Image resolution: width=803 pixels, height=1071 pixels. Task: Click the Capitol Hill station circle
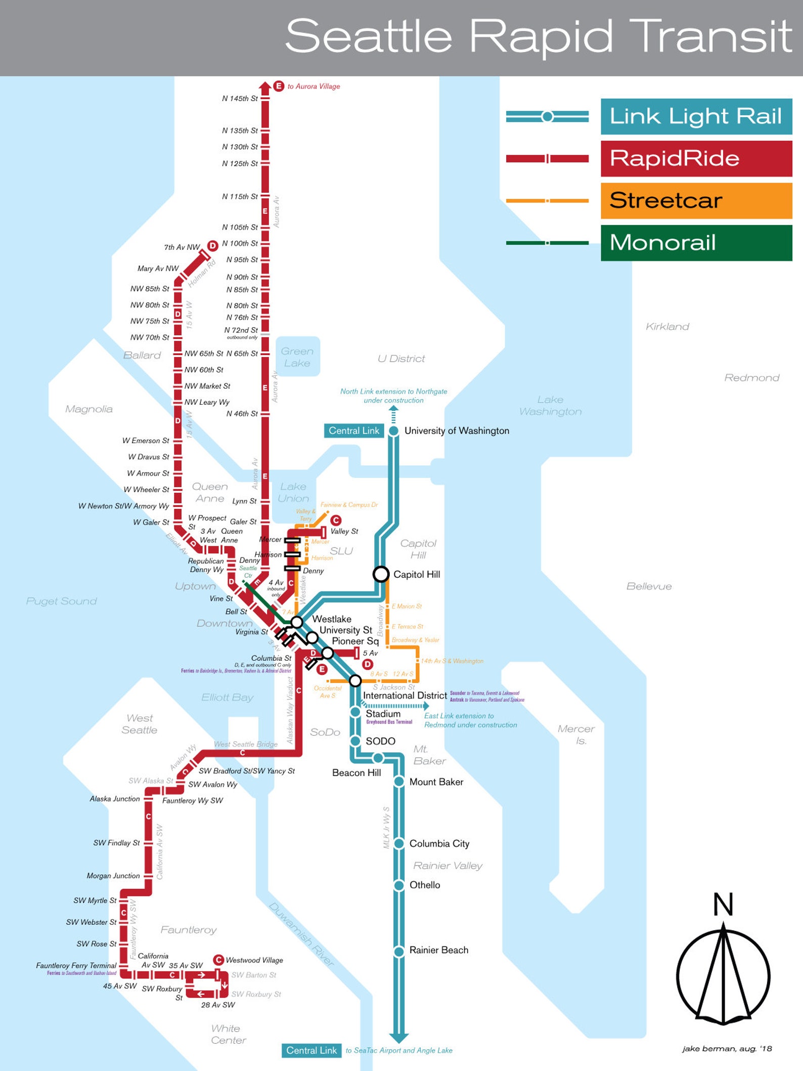pos(381,574)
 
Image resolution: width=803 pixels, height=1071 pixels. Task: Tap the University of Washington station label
pos(456,431)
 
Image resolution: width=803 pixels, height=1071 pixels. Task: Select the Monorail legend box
pos(696,243)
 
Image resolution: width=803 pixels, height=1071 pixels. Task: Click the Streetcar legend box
pos(696,201)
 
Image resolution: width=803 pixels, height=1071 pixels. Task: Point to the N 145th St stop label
pos(240,99)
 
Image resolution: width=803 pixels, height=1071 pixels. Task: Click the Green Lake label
pos(297,357)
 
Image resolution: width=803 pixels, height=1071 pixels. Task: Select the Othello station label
pos(424,885)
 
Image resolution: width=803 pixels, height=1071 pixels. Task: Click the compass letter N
pos(723,905)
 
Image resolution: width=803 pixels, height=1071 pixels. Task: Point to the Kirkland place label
pos(667,327)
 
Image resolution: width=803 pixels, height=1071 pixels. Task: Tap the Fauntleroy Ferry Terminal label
pos(76,965)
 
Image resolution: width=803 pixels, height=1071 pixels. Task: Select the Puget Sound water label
pos(61,601)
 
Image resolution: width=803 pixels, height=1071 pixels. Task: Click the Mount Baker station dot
pos(399,782)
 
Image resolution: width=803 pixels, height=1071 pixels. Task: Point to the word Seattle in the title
pos(368,36)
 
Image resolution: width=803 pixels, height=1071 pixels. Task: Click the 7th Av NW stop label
pos(182,247)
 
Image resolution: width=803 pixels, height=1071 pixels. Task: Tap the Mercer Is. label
pos(576,735)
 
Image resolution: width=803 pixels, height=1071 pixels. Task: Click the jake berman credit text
pos(727,1049)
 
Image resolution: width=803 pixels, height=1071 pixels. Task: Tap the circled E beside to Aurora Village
pos(279,86)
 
